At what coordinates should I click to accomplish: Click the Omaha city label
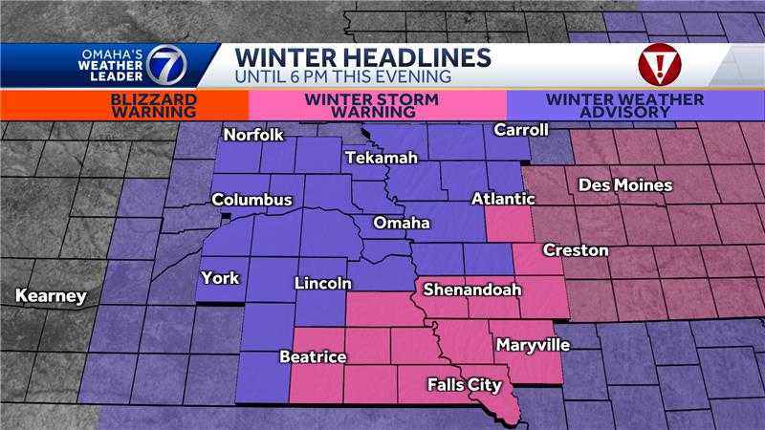click(x=401, y=223)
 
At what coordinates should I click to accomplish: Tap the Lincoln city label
click(x=323, y=283)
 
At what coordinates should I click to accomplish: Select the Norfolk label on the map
click(x=252, y=136)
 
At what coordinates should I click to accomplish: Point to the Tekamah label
click(x=382, y=158)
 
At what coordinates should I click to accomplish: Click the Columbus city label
click(x=251, y=201)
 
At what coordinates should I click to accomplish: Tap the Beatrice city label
click(x=312, y=357)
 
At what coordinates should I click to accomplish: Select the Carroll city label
click(x=521, y=130)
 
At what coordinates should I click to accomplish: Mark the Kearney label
click(x=51, y=296)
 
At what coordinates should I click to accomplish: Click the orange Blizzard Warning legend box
click(x=124, y=105)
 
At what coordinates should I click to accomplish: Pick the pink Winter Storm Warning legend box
click(x=377, y=105)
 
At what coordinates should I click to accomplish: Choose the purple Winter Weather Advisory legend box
click(x=635, y=105)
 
